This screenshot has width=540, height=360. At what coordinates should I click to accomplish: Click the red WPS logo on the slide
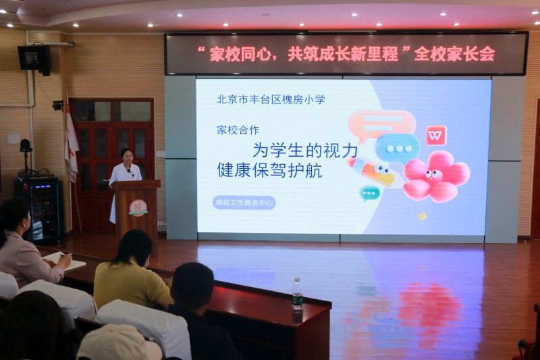tap(436, 135)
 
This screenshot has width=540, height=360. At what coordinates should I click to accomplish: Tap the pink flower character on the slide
tap(435, 176)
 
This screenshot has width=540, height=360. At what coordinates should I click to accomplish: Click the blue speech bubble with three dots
tap(398, 148)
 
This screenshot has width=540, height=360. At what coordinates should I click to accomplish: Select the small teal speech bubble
tap(369, 193)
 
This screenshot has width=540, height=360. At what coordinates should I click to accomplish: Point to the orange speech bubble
tap(381, 125)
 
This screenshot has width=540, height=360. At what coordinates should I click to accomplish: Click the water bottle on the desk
tap(297, 294)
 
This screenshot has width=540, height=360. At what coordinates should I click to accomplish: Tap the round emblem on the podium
tap(138, 208)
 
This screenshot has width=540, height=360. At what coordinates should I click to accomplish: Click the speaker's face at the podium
tap(127, 158)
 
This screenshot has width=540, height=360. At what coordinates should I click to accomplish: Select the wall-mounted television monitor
tap(35, 59)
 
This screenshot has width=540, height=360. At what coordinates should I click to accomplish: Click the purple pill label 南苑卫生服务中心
tap(244, 203)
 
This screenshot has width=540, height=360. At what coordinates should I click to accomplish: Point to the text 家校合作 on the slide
tap(238, 130)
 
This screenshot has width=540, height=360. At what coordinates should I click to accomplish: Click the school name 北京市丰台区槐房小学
tap(271, 99)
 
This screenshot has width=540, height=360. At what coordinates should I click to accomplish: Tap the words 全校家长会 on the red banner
tap(454, 54)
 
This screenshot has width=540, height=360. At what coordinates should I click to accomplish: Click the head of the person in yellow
tap(132, 247)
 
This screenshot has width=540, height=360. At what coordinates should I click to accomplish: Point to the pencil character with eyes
tap(371, 171)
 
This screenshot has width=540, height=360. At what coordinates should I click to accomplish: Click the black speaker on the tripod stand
tap(25, 146)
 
